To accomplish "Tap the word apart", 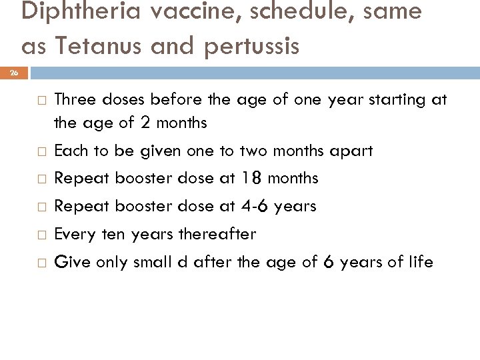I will (x=351, y=151).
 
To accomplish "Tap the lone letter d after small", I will (x=183, y=262).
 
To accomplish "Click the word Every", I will (x=72, y=234).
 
